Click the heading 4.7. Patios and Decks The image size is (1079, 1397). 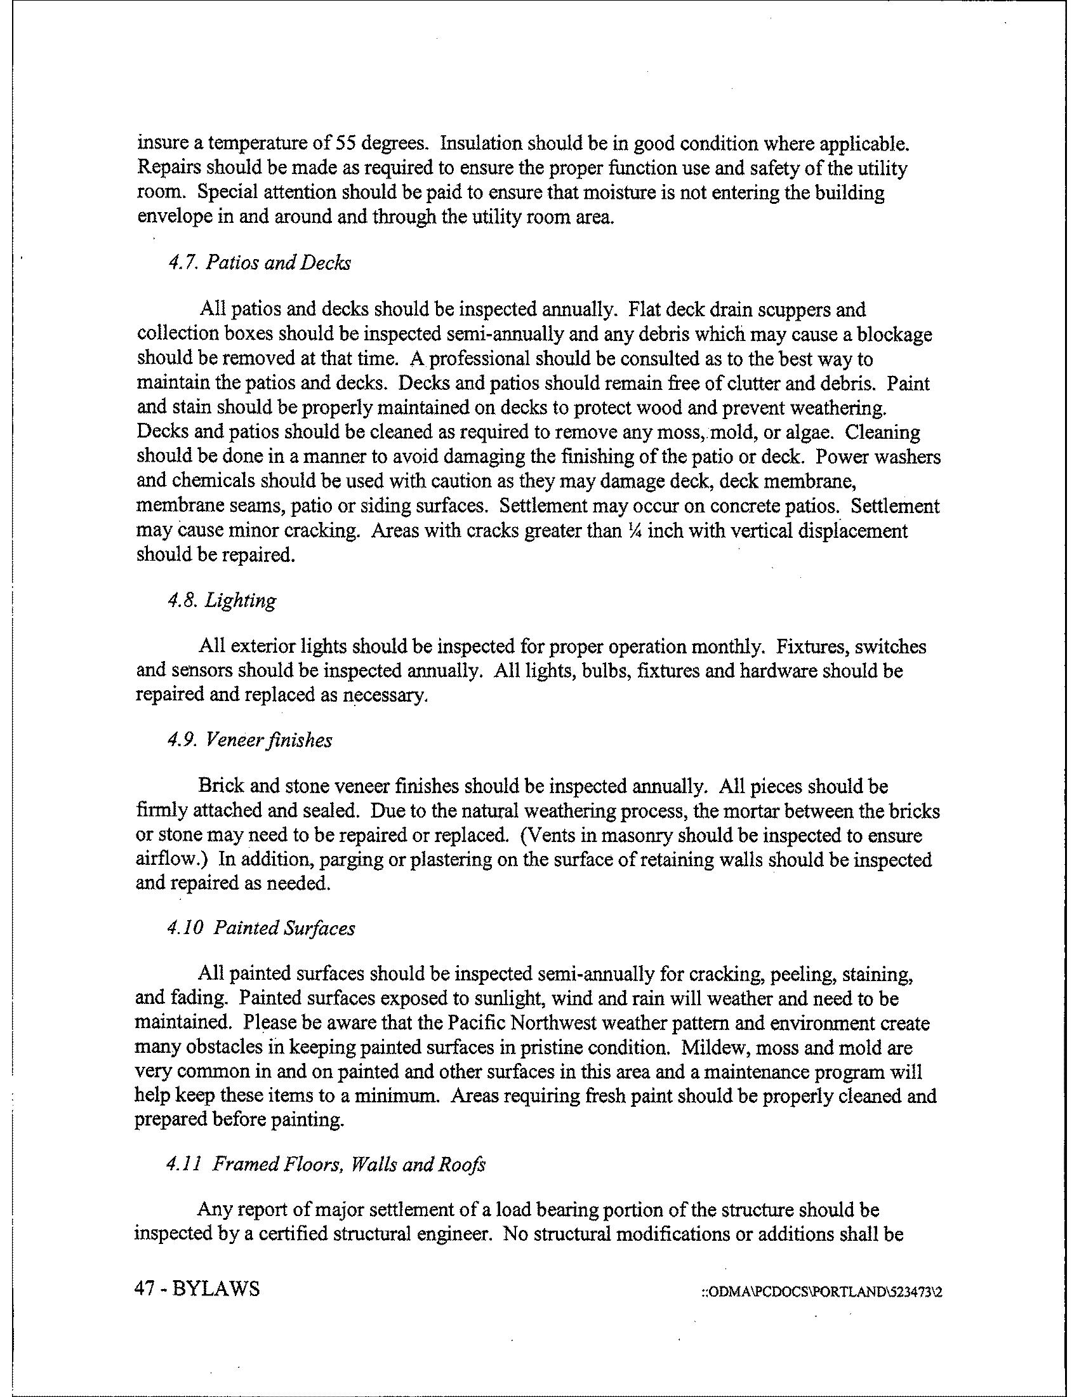tap(258, 263)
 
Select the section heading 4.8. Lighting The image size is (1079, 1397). tap(221, 600)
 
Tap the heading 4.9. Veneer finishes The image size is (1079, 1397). tap(249, 740)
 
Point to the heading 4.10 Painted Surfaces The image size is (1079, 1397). tap(260, 928)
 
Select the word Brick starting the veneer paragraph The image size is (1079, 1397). tap(218, 786)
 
